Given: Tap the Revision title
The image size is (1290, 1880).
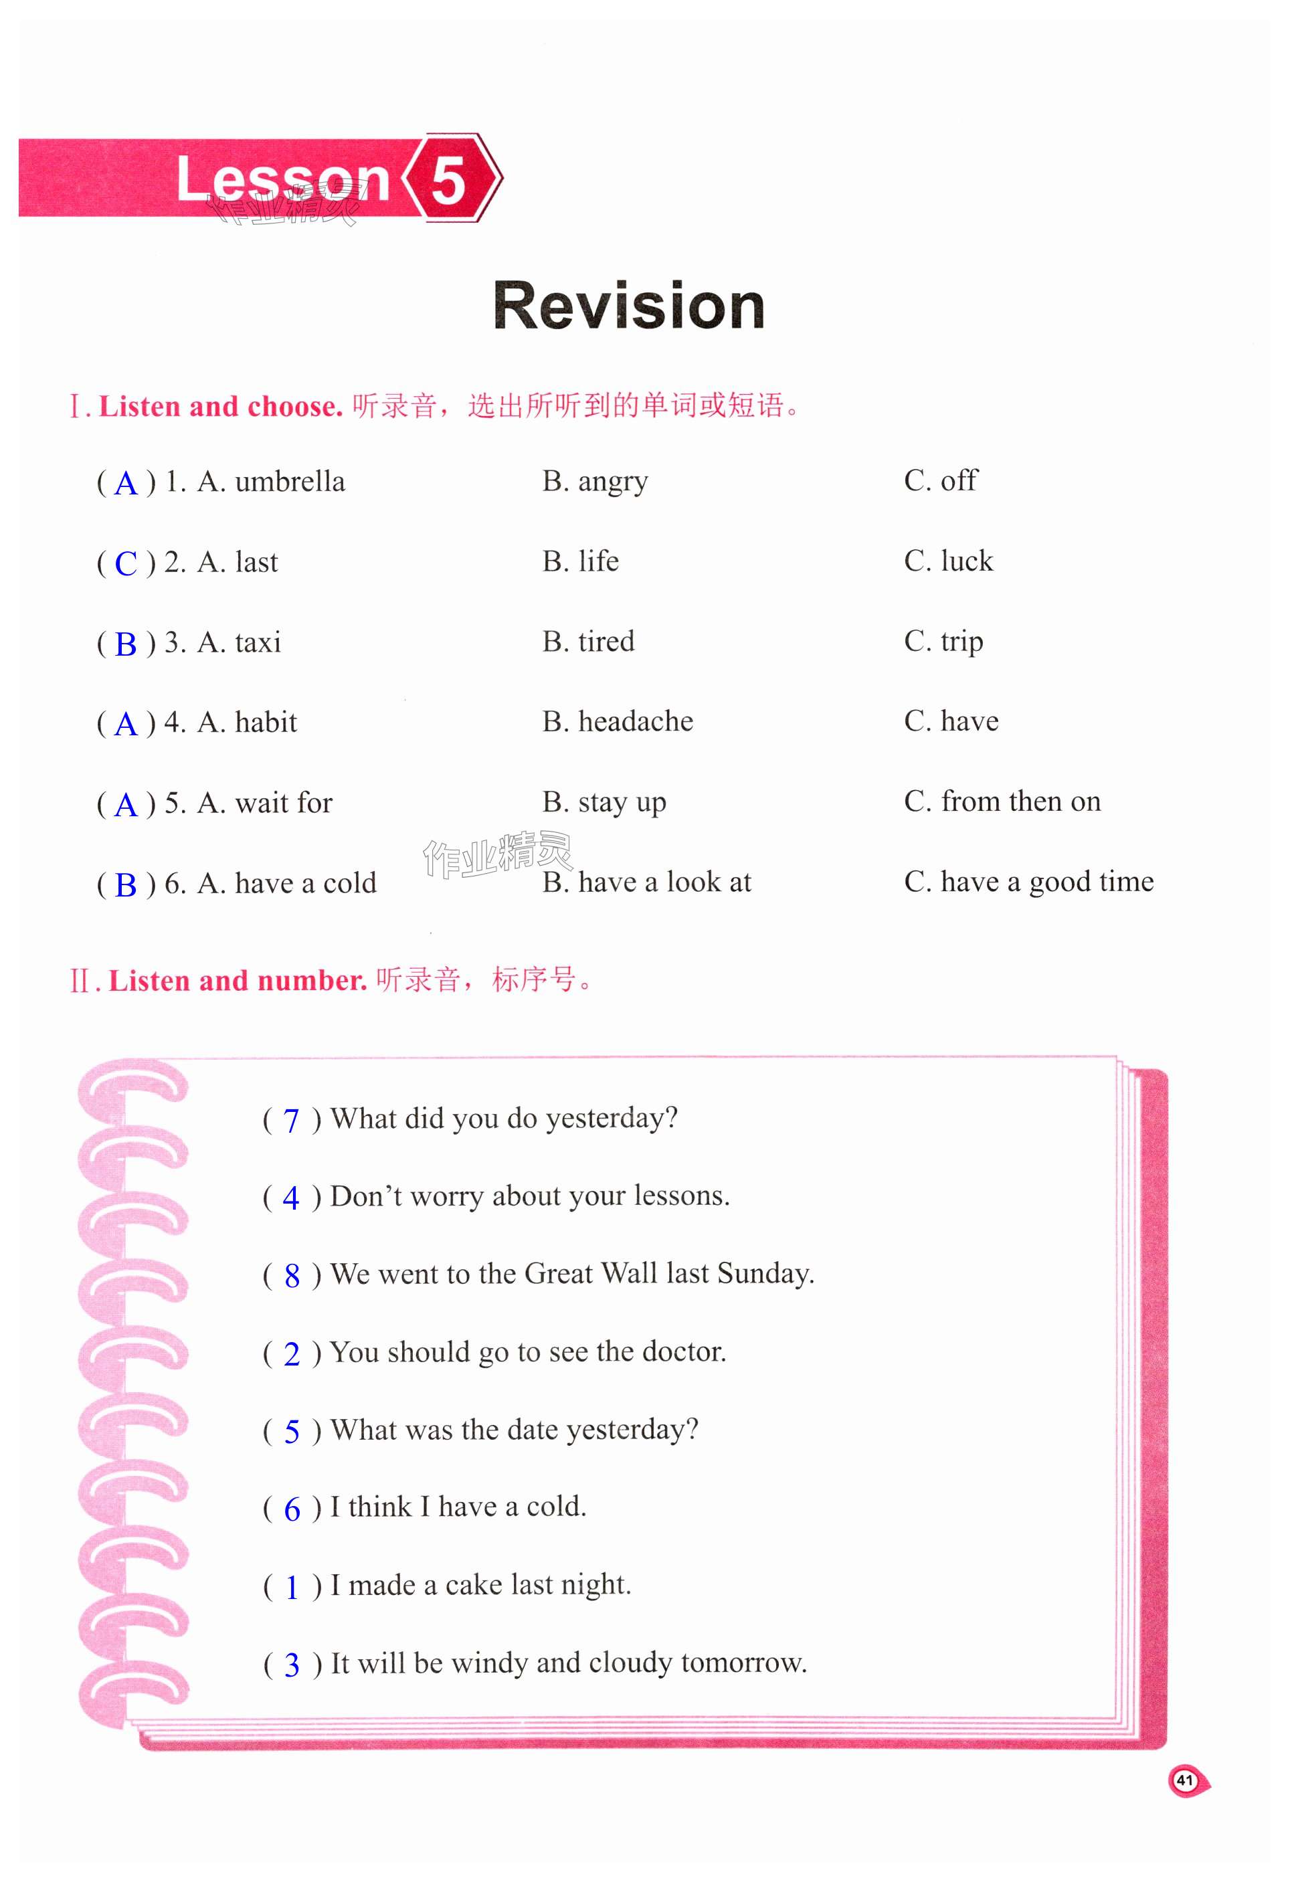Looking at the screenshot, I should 628,306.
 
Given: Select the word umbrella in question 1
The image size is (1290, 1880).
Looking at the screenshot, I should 290,482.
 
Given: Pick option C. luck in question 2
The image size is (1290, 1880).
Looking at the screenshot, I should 948,561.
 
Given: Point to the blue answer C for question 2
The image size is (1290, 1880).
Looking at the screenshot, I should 126,564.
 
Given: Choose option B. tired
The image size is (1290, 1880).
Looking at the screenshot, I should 588,642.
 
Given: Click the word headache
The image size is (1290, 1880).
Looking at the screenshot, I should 636,722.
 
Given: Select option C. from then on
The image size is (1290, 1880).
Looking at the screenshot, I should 1002,802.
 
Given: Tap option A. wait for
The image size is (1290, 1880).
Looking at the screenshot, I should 264,804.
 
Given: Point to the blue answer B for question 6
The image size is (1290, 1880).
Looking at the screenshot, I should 126,885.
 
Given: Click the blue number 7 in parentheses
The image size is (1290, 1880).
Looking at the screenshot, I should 291,1121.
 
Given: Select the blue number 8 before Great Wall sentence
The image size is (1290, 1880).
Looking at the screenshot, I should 292,1277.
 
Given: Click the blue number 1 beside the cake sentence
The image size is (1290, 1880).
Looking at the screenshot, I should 292,1588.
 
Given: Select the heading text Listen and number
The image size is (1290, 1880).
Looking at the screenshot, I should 237,981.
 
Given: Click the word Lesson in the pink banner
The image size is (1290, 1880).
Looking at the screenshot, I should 283,179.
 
